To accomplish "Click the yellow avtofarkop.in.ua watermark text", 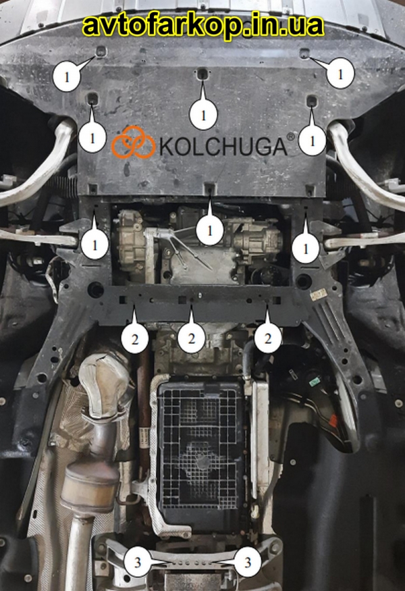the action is point(203,25).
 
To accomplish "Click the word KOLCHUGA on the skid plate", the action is point(223,147).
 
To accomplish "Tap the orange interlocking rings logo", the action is point(133,142).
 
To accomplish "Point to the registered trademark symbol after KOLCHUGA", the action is point(291,136).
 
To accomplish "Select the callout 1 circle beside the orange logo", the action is point(92,138).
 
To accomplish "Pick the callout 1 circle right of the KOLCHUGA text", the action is point(312,140).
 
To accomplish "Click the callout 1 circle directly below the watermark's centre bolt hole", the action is point(203,115).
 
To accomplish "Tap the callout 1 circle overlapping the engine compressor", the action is point(209,230).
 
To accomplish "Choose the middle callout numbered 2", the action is point(192,338).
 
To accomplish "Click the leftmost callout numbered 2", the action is point(135,339).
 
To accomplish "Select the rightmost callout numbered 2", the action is point(268,338).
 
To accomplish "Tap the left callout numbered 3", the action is point(138,563).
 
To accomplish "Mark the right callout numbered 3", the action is point(247,563).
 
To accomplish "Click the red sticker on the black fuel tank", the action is point(333,419).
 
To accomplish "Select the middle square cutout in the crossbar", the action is point(182,300).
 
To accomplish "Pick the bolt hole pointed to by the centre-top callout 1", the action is point(202,74).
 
